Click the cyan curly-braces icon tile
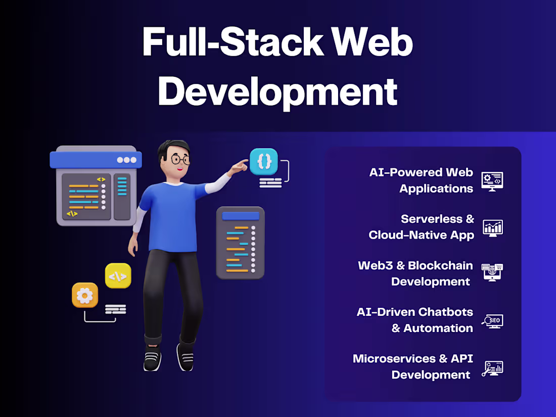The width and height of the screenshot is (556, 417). [264, 161]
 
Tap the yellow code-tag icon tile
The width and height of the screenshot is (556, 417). [118, 276]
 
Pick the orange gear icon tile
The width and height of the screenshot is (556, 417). [85, 295]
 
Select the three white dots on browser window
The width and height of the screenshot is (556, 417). [126, 160]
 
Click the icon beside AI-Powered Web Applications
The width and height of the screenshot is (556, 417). [492, 180]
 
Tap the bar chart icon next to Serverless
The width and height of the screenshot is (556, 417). [492, 227]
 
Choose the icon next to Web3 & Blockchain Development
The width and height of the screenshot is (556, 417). [492, 272]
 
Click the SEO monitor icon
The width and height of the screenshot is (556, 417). [492, 320]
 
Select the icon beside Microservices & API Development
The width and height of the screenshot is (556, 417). [492, 367]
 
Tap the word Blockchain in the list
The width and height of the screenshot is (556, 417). [440, 265]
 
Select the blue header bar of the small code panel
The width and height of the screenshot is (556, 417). [241, 216]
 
